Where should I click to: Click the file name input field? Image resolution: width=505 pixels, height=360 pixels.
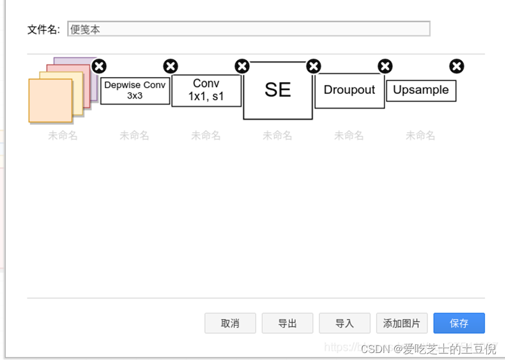click(x=249, y=29)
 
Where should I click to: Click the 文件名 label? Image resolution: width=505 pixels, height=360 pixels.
click(x=44, y=29)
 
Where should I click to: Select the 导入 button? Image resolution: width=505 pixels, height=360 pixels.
click(x=344, y=323)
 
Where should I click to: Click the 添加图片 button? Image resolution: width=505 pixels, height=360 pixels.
click(x=402, y=323)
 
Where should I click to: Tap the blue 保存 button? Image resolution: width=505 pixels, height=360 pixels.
click(x=459, y=323)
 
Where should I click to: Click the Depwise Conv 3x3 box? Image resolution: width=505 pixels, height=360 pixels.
click(x=135, y=90)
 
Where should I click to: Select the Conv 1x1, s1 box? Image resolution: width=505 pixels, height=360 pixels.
click(x=206, y=90)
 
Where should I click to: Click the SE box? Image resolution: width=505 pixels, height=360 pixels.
click(x=278, y=90)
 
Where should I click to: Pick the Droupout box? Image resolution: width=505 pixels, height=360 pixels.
click(x=349, y=90)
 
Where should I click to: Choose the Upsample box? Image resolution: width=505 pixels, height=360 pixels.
click(x=421, y=90)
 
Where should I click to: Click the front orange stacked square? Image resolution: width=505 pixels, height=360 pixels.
click(x=50, y=100)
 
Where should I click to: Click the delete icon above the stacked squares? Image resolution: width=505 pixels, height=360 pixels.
click(x=99, y=66)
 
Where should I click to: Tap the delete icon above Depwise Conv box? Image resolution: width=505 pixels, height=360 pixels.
click(x=170, y=66)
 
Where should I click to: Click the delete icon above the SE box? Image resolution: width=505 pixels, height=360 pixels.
click(x=314, y=66)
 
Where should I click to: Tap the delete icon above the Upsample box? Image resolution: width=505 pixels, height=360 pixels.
click(x=457, y=66)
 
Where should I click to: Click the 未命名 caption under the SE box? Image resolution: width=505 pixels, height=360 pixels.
click(x=277, y=136)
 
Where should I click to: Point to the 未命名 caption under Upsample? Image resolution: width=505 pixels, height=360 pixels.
click(x=420, y=136)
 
